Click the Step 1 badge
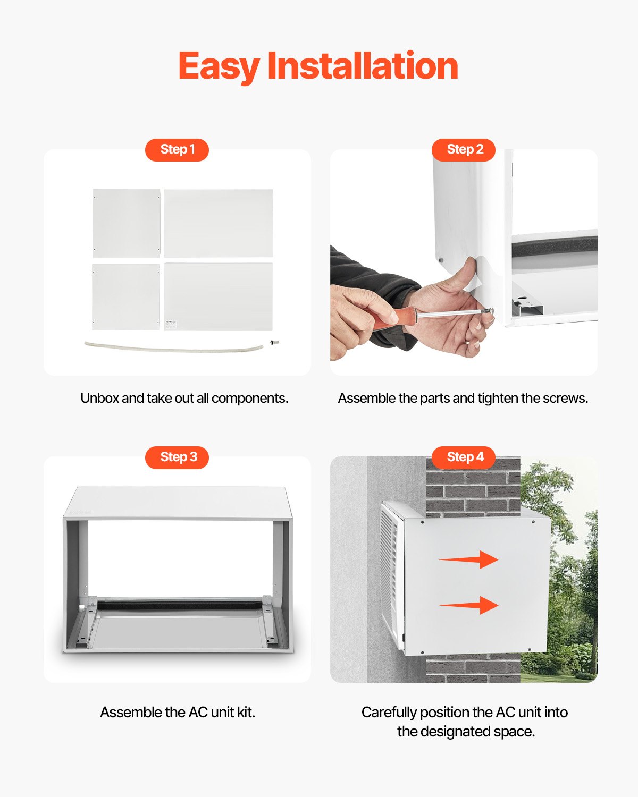coord(177,149)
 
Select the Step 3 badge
coord(177,457)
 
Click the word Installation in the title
coord(362,66)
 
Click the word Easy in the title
coord(219,66)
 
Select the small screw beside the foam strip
coord(275,343)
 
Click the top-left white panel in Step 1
coord(127,223)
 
